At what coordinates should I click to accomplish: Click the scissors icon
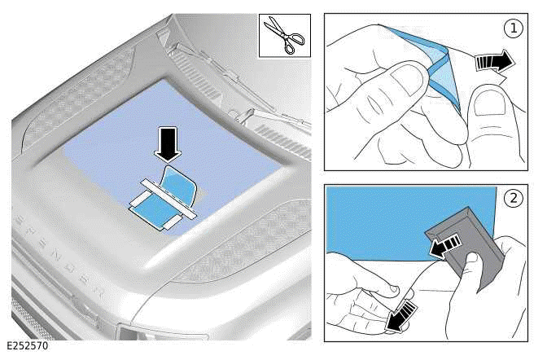[284, 36]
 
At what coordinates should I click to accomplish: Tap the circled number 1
[514, 28]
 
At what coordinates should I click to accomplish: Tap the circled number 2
[514, 199]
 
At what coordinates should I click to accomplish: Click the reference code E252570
[28, 345]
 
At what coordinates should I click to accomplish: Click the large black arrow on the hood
[168, 144]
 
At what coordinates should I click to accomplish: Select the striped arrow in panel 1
[495, 61]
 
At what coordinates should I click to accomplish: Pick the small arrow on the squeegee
[444, 245]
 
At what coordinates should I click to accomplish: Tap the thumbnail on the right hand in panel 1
[487, 102]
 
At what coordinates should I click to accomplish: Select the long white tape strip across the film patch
[168, 200]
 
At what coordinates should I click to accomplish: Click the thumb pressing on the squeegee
[471, 269]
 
